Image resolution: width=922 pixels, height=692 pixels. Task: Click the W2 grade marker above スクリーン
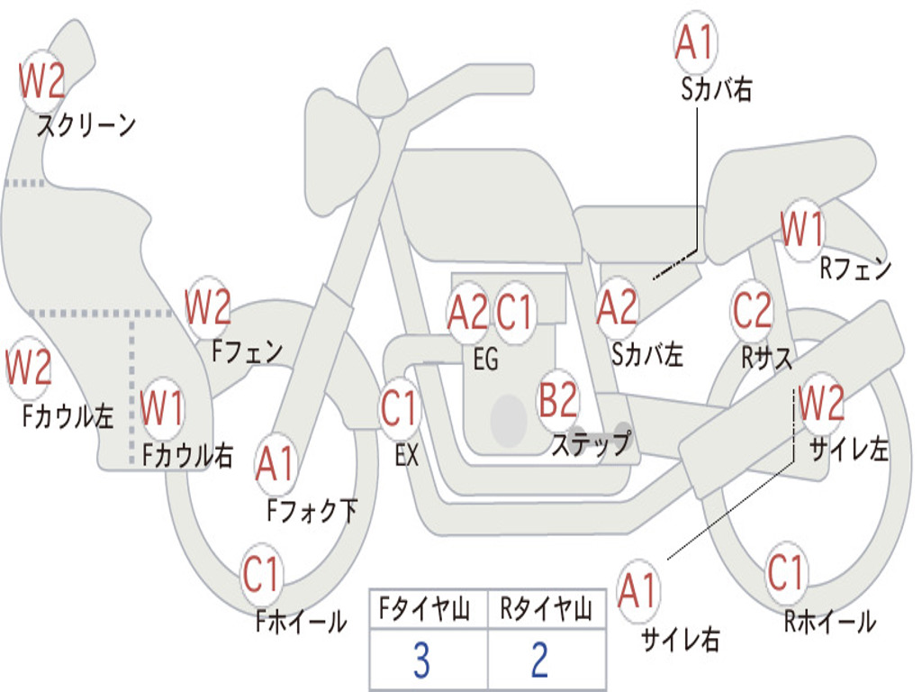[x=41, y=80]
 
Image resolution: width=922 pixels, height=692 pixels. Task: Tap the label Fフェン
[x=247, y=352]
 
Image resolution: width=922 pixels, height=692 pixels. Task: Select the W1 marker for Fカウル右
[x=162, y=407]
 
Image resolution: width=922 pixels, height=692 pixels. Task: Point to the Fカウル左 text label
[x=68, y=416]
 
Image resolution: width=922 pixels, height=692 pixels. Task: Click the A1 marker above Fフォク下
[x=276, y=464]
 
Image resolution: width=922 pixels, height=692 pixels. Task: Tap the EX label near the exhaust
[x=407, y=455]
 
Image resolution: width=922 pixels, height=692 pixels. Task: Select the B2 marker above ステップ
[x=558, y=400]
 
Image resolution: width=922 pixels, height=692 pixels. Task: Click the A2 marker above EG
[x=467, y=312]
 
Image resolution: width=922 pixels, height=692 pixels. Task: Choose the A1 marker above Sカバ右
[x=696, y=42]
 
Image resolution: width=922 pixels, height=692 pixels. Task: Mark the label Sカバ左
[x=646, y=354]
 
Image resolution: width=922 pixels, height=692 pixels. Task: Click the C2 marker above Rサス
[x=752, y=310]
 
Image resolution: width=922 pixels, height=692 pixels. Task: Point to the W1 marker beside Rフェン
[x=802, y=229]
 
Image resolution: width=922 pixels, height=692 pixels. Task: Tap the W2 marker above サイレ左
[x=821, y=402]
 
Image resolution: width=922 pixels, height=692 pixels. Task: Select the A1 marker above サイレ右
[x=638, y=590]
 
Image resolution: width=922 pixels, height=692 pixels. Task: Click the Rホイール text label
[x=829, y=622]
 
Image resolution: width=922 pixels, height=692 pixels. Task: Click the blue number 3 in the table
[x=421, y=660]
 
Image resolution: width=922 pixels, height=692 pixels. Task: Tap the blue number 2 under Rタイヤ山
[x=540, y=660]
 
